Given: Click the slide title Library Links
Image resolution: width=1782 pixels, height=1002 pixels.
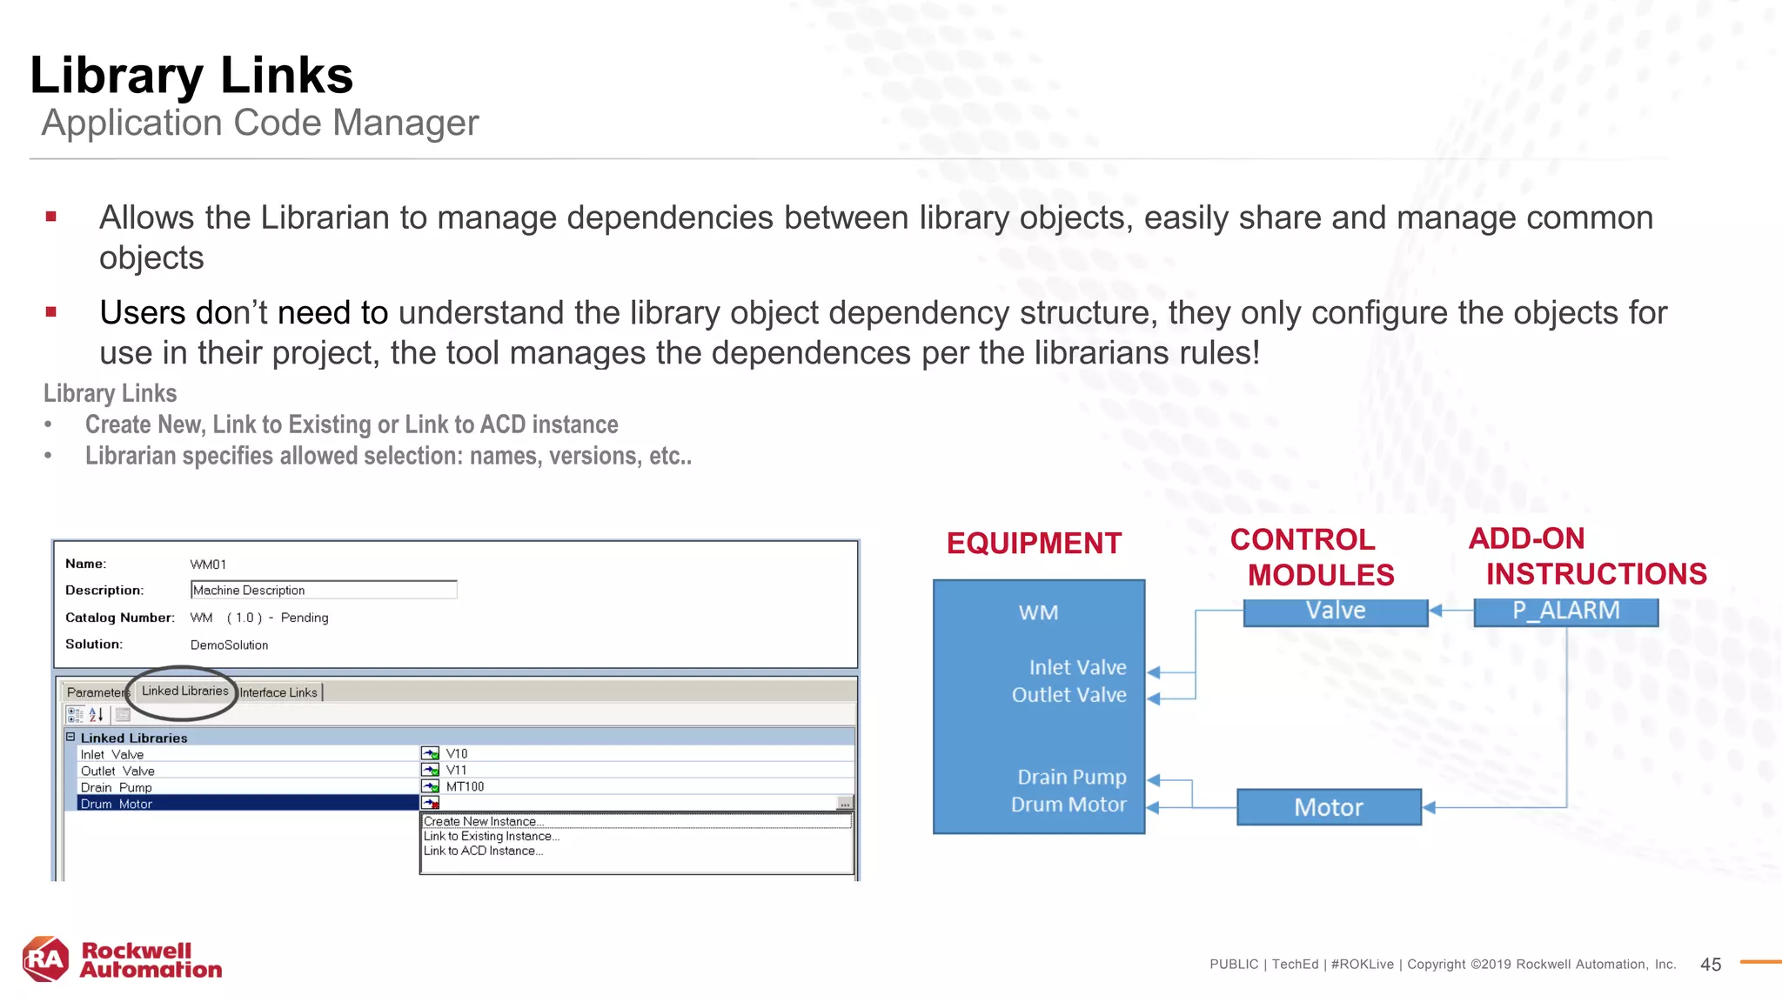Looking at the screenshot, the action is pos(191,76).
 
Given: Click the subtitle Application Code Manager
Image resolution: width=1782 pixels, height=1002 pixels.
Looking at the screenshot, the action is pos(260,123).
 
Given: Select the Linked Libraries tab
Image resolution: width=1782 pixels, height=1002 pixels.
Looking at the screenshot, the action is pos(184,691).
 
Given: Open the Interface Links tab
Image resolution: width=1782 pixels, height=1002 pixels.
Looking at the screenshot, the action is pos(278,692).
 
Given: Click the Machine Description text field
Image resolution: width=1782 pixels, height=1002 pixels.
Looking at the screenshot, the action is pos(323,590).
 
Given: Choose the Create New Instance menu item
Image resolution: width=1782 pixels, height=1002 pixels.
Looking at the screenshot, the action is pos(484,821).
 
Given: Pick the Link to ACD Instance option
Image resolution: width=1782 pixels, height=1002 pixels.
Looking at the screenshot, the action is pos(483,851).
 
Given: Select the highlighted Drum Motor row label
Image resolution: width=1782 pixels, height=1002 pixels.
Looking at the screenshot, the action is pos(117,804).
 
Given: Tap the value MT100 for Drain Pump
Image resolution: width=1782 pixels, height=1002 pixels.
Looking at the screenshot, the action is pos(465,786).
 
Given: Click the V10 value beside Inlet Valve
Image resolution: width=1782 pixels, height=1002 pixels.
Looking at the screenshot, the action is pos(457,754).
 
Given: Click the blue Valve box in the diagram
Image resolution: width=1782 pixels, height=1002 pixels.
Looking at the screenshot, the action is pos(1336,611).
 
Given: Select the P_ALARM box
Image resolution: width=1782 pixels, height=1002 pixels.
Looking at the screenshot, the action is pos(1565,611).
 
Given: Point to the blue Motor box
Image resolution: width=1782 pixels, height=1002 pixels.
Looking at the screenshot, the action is pos(1329,807).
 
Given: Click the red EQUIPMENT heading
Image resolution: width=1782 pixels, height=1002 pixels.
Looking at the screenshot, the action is pos(1034,544).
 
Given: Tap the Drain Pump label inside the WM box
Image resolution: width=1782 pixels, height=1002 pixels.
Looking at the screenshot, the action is pos(1071,777).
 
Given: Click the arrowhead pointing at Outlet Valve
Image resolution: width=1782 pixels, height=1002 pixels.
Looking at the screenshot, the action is pos(1154,698).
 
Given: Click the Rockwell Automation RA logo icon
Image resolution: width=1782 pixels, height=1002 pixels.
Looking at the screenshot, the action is pos(46,959).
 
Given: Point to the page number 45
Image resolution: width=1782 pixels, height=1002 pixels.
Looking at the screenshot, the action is pos(1710,965).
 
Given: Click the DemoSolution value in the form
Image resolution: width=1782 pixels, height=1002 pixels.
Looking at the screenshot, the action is pos(229,645).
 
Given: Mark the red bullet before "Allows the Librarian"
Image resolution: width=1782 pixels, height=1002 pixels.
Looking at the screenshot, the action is pos(51,217).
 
